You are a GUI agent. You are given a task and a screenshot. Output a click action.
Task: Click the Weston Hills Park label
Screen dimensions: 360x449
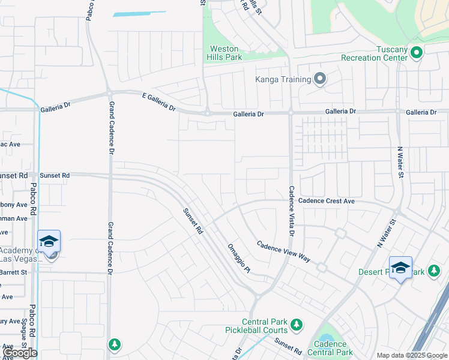pyautogui.click(x=224, y=53)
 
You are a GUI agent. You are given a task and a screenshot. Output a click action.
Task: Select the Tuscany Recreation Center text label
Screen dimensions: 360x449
pyautogui.click(x=369, y=53)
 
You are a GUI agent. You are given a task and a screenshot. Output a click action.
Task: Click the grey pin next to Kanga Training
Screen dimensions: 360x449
pyautogui.click(x=320, y=79)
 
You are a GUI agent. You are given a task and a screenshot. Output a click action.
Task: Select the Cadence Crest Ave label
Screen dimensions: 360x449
pyautogui.click(x=326, y=201)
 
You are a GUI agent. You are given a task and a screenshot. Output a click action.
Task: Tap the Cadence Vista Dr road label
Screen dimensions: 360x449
pyautogui.click(x=292, y=210)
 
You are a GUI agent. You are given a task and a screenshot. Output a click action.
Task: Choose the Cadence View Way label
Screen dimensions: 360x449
pyautogui.click(x=283, y=251)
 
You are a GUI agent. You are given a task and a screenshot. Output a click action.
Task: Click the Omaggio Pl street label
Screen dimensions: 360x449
pyautogui.click(x=238, y=259)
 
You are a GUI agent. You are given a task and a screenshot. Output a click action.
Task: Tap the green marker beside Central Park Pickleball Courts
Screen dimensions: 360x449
pyautogui.click(x=296, y=326)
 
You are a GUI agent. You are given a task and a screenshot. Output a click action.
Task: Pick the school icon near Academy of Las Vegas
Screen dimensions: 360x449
pyautogui.click(x=49, y=241)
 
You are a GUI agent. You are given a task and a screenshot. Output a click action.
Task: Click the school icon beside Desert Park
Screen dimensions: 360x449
pyautogui.click(x=400, y=268)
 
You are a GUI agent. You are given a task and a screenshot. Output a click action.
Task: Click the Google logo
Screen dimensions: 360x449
pyautogui.click(x=19, y=353)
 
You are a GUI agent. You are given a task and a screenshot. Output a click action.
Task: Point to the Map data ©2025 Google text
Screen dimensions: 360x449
pyautogui.click(x=412, y=356)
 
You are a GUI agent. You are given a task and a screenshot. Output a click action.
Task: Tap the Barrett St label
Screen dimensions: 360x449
pyautogui.click(x=13, y=272)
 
